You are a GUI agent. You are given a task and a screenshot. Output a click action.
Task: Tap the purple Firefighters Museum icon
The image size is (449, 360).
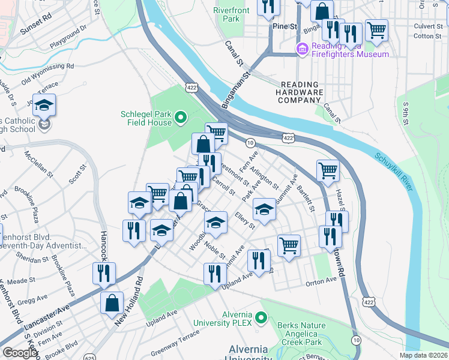pyautogui.click(x=302, y=48)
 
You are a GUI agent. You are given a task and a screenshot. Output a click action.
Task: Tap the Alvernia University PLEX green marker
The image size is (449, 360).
pyautogui.click(x=261, y=316)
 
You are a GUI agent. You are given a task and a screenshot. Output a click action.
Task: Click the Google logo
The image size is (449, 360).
pyautogui.click(x=19, y=353)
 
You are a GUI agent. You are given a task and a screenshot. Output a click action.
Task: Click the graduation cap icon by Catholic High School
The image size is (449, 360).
pyautogui.click(x=44, y=106)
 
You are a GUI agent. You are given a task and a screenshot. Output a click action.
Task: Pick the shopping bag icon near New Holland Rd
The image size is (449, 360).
pyautogui.click(x=112, y=303)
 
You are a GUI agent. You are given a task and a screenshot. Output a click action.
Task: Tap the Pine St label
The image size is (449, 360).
pyautogui.click(x=285, y=27)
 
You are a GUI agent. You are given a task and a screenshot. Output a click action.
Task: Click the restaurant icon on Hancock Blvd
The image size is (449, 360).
pyautogui.click(x=104, y=274)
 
